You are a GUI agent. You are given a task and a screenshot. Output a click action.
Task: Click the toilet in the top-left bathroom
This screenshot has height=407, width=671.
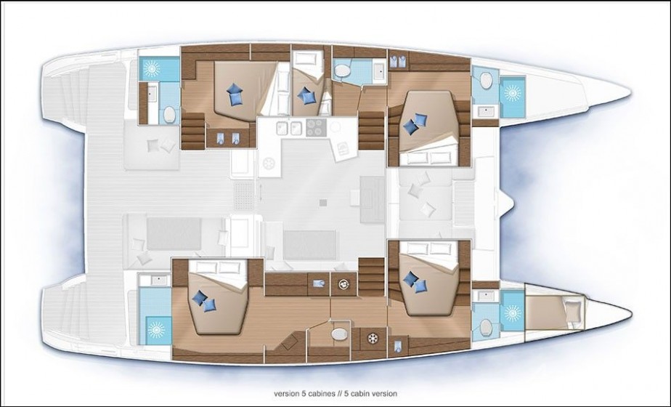tap(168, 115)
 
